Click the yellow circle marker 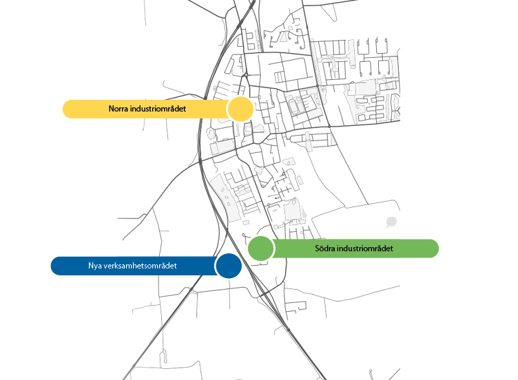coord(241,109)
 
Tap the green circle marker coord(260,249)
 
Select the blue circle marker coord(229,266)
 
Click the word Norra coord(118,109)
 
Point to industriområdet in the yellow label coord(158,109)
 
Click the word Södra coord(324,249)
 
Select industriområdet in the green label coord(365,249)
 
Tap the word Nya coord(94,266)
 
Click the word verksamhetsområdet coord(140,266)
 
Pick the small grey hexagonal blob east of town coord(391,222)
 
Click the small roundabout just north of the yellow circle coord(246,75)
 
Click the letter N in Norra coord(112,109)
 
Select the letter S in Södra coord(317,249)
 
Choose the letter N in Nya coord(91,266)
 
